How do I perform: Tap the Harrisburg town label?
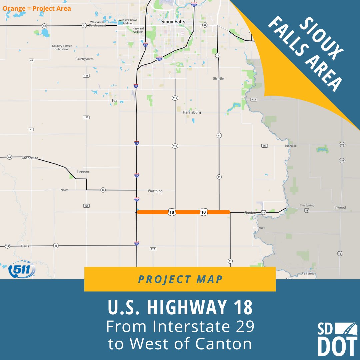(192, 113)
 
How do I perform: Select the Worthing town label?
(155, 191)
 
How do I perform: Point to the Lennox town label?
(83, 172)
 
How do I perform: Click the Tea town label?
(114, 101)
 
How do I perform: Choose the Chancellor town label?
(30, 158)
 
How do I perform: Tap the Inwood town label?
(340, 207)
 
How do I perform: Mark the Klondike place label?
(291, 146)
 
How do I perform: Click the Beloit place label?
(260, 228)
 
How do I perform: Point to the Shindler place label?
(219, 79)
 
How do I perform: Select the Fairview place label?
(308, 273)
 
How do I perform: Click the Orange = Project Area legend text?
(37, 8)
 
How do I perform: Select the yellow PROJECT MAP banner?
(180, 279)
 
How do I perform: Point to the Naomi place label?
(65, 190)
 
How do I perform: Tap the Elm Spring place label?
(307, 205)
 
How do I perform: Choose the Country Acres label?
(84, 59)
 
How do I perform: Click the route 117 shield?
(153, 249)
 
